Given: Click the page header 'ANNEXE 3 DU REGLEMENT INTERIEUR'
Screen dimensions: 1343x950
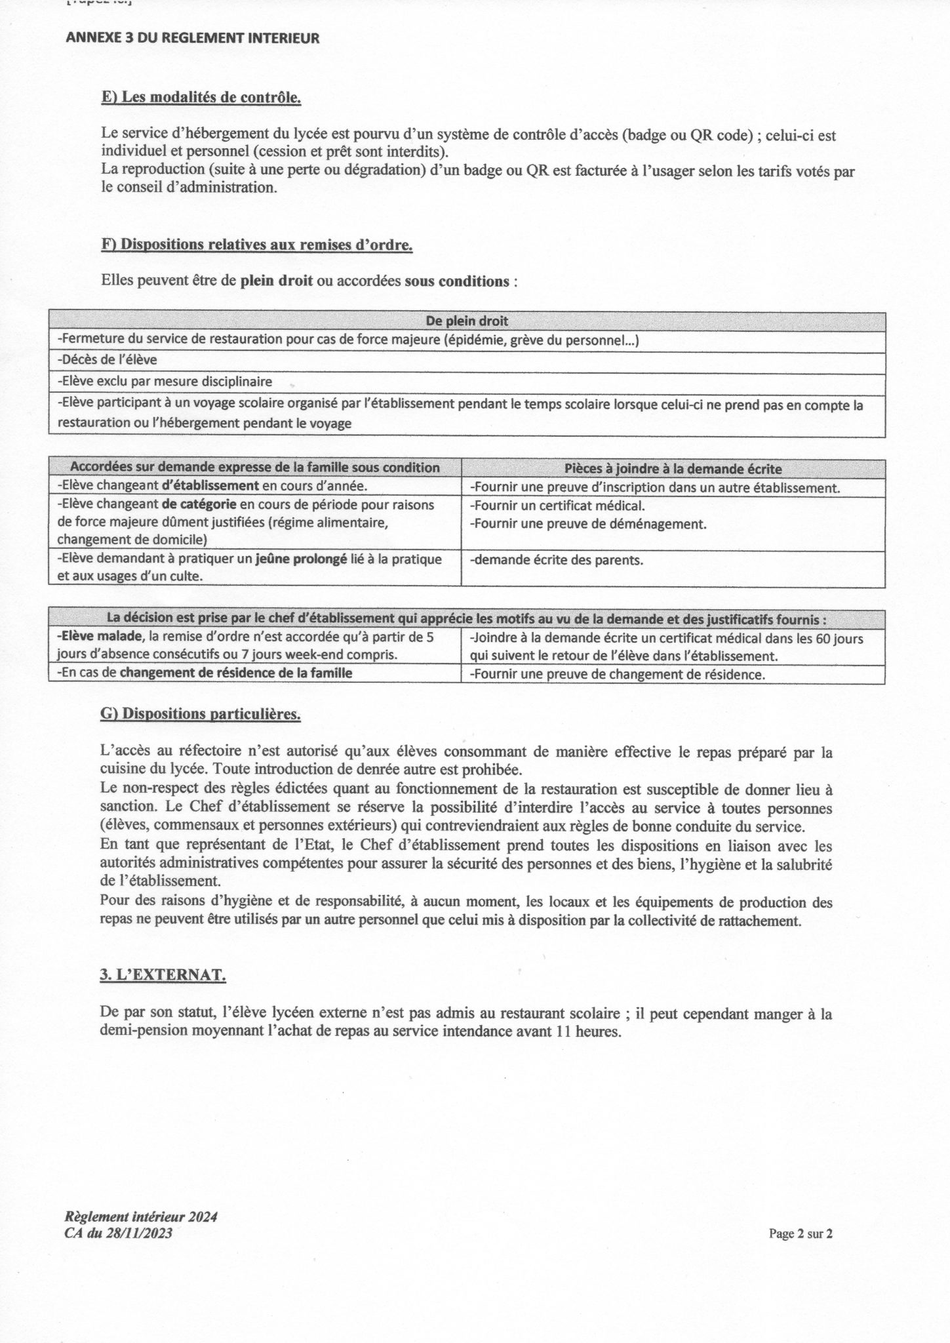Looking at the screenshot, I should tap(193, 39).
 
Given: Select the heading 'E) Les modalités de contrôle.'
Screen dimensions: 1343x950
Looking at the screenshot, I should tap(201, 98).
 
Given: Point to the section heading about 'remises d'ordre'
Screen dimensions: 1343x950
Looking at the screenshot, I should tap(256, 245).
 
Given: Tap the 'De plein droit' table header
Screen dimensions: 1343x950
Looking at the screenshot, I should tap(467, 321).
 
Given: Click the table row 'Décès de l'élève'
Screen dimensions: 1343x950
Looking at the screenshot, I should tap(108, 359).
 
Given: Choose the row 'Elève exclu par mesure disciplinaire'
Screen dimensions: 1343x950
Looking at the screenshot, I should tap(165, 381).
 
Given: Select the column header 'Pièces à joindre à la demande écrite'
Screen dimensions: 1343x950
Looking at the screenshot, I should tap(673, 468).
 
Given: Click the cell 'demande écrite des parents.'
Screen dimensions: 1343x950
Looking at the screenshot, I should tap(557, 560).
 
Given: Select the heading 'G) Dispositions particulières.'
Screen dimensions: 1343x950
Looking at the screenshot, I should tap(201, 714).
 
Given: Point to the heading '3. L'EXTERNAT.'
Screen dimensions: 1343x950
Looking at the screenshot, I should tap(163, 975).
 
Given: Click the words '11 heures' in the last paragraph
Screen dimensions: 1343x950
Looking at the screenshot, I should tap(594, 1031).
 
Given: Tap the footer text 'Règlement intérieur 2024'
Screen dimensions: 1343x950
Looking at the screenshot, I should tap(140, 1216).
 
